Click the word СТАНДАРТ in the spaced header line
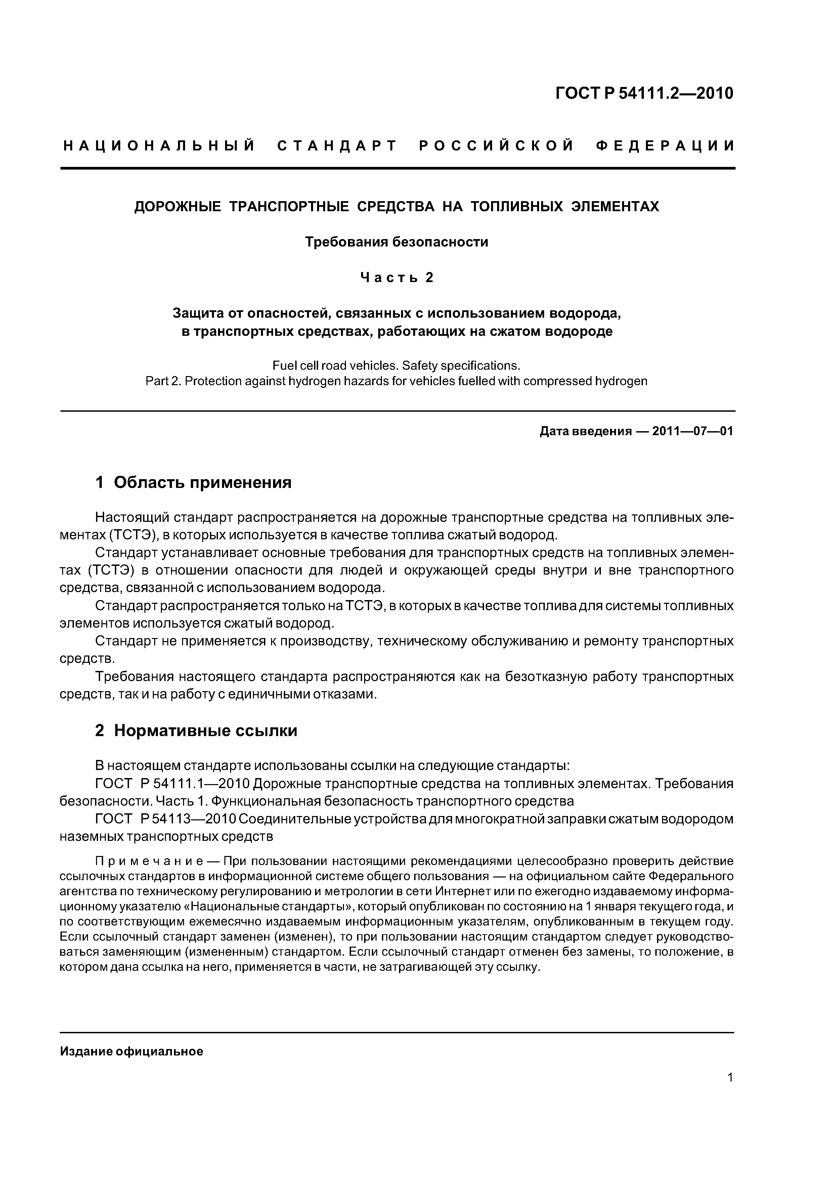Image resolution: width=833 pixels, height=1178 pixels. click(x=337, y=146)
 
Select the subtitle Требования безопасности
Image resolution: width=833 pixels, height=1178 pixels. click(x=397, y=242)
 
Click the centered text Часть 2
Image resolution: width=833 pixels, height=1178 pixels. click(x=397, y=278)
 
